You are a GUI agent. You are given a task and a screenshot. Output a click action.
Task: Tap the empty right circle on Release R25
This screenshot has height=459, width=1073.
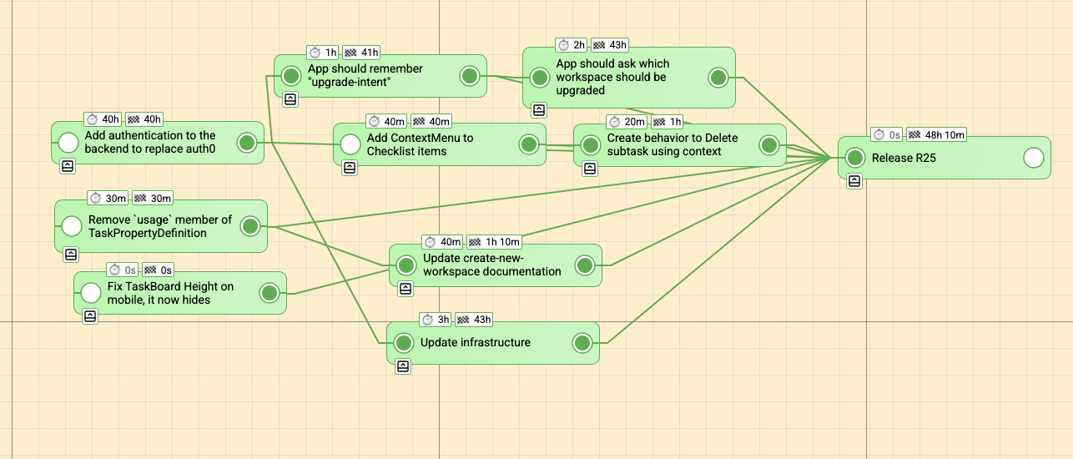click(x=1033, y=158)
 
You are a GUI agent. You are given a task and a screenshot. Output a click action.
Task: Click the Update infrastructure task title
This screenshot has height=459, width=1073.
click(x=475, y=342)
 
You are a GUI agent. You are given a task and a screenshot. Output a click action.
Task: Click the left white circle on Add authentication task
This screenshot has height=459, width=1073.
click(x=68, y=143)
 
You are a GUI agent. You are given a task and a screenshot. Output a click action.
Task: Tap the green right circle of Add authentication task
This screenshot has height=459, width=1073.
click(x=247, y=143)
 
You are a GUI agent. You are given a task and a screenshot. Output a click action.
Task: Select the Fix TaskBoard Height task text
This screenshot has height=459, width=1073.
click(x=159, y=293)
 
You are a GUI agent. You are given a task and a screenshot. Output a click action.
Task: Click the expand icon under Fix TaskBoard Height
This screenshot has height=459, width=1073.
click(x=90, y=316)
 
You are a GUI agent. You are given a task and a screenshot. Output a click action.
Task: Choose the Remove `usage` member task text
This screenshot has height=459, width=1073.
click(x=159, y=226)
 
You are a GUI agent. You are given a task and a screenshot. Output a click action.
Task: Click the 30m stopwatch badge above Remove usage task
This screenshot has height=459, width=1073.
click(x=108, y=198)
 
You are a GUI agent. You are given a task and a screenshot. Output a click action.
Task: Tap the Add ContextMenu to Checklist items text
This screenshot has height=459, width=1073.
click(x=420, y=144)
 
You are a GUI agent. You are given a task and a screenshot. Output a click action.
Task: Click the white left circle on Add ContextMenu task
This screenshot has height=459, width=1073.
click(x=350, y=144)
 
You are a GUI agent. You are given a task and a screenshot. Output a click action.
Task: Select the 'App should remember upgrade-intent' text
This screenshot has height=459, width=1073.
click(x=365, y=76)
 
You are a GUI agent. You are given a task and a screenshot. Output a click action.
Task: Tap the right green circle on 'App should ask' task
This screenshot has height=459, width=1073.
click(x=718, y=78)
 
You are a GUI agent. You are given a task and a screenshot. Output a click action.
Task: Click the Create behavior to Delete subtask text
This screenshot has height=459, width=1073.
click(x=673, y=144)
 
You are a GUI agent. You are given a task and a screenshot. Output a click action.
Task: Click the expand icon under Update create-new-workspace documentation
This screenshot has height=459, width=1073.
click(x=406, y=289)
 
